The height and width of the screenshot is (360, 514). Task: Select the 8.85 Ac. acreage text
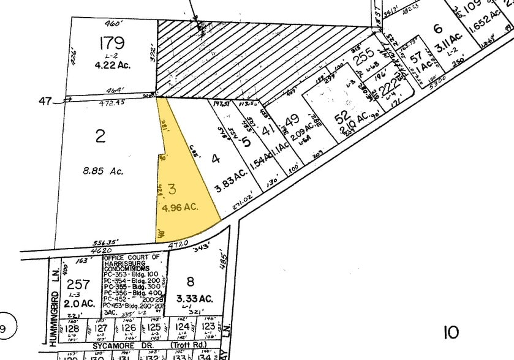pos(102,171)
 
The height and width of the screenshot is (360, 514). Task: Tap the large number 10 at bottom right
pos(450,332)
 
